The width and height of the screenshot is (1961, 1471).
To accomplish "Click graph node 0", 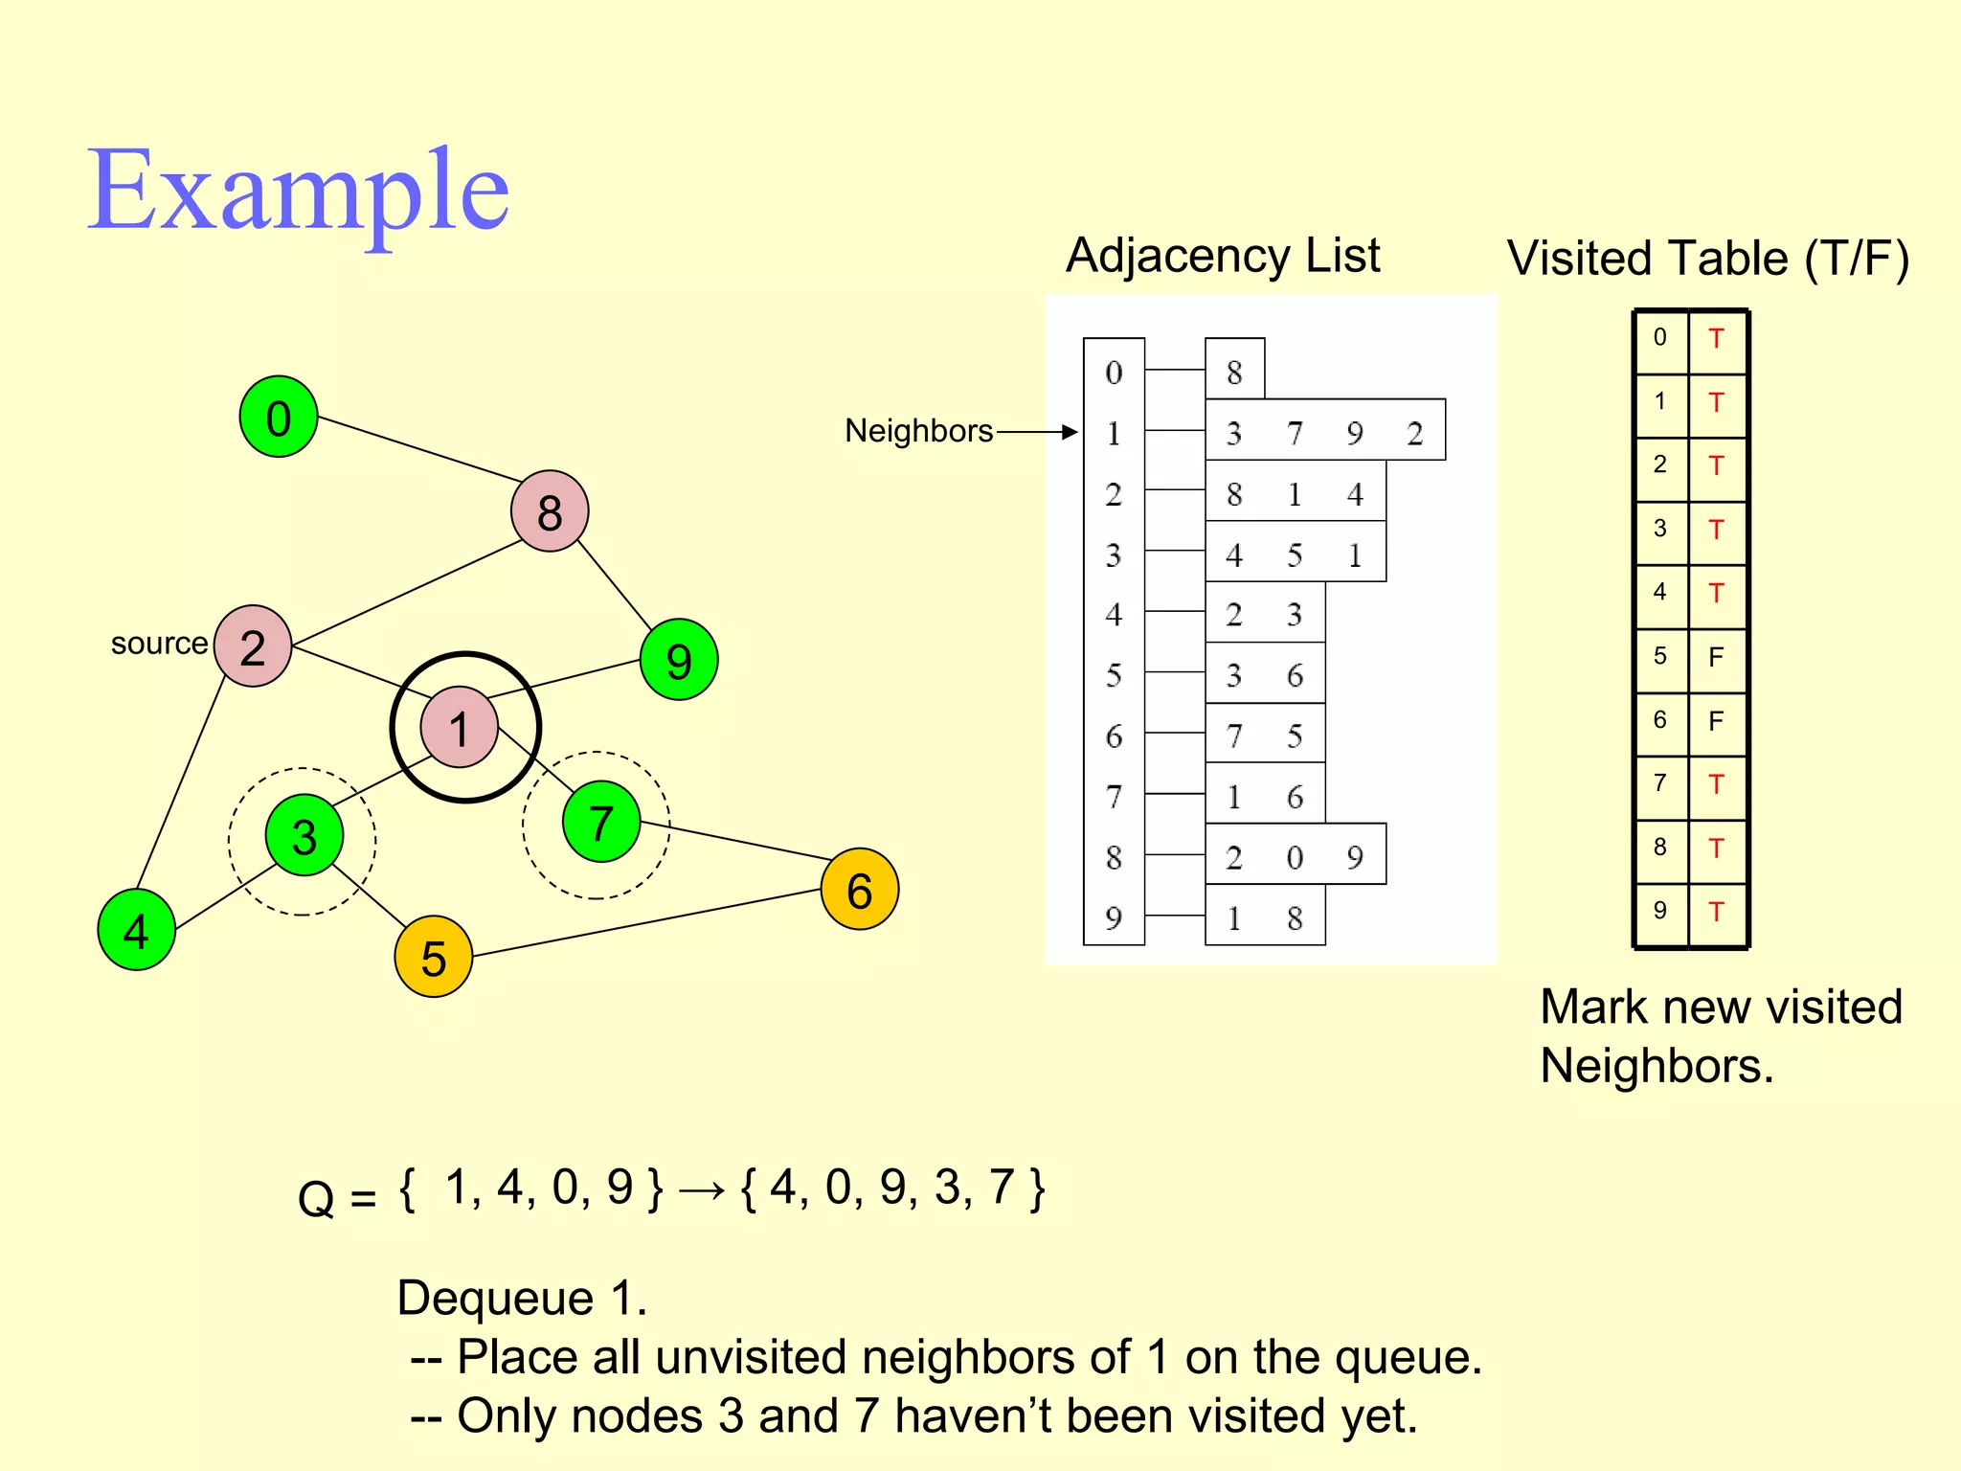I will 279,417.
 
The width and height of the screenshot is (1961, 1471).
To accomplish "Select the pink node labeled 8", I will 550,511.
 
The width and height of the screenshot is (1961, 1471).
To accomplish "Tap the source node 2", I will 253,646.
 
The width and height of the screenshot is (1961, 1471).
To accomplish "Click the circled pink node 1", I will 460,728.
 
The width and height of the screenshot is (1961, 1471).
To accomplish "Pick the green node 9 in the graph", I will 679,660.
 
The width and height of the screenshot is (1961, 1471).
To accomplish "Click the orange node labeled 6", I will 860,890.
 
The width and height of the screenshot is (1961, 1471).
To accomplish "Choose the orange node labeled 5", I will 434,957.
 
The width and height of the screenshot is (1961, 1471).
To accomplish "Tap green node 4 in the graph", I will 137,930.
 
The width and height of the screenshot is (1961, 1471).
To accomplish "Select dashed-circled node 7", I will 600,823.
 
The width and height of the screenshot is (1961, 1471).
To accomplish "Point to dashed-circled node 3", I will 304,837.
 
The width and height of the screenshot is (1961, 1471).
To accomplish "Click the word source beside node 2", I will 159,644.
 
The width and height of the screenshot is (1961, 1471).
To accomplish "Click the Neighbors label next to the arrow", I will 918,431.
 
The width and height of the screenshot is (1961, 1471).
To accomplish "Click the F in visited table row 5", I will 1716,657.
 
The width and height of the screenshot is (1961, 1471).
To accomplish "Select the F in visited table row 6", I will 1716,720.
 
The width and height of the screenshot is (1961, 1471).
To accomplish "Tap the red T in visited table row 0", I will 1716,339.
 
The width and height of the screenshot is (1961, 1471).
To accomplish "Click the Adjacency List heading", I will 1223,256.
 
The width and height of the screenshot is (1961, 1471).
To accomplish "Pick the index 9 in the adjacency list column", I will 1113,918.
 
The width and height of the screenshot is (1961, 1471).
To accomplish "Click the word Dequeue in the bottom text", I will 496,1299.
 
